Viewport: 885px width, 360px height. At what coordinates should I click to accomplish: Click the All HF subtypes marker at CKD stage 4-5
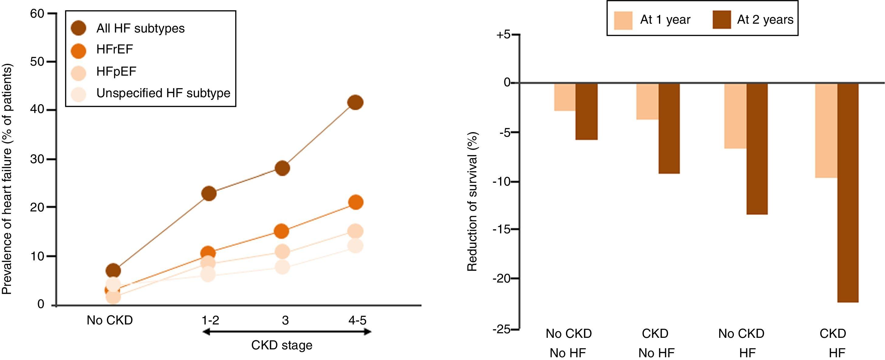pyautogui.click(x=355, y=102)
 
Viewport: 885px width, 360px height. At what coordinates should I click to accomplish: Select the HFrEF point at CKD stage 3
pyautogui.click(x=282, y=231)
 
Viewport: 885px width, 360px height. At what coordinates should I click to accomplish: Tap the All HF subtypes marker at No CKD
pyautogui.click(x=113, y=271)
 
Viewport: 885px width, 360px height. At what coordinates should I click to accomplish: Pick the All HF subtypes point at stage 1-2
pyautogui.click(x=209, y=194)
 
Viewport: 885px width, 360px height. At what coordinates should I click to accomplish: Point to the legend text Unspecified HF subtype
pyautogui.click(x=163, y=93)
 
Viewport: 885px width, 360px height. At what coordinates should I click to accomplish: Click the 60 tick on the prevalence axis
pyautogui.click(x=37, y=14)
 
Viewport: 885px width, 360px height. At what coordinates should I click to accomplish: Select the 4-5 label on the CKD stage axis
pyautogui.click(x=357, y=321)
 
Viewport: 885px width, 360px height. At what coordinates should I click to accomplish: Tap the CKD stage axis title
pyautogui.click(x=282, y=345)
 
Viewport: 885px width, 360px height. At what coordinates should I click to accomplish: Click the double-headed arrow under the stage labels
pyautogui.click(x=287, y=331)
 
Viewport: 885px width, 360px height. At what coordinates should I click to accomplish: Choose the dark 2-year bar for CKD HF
pyautogui.click(x=848, y=192)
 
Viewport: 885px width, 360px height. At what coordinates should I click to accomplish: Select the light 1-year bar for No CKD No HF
pyautogui.click(x=565, y=97)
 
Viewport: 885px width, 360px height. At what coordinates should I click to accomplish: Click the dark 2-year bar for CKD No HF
pyautogui.click(x=669, y=128)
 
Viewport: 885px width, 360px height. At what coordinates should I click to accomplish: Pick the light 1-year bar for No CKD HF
pyautogui.click(x=735, y=116)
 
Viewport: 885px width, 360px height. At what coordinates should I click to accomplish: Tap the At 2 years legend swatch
pyautogui.click(x=722, y=19)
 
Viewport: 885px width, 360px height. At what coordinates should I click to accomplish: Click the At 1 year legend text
pyautogui.click(x=665, y=19)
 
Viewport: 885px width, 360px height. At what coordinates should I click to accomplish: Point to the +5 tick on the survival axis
pyautogui.click(x=504, y=35)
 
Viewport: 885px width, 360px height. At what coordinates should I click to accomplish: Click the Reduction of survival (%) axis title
pyautogui.click(x=473, y=202)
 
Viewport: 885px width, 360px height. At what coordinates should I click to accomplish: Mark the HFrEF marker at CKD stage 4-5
pyautogui.click(x=355, y=202)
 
